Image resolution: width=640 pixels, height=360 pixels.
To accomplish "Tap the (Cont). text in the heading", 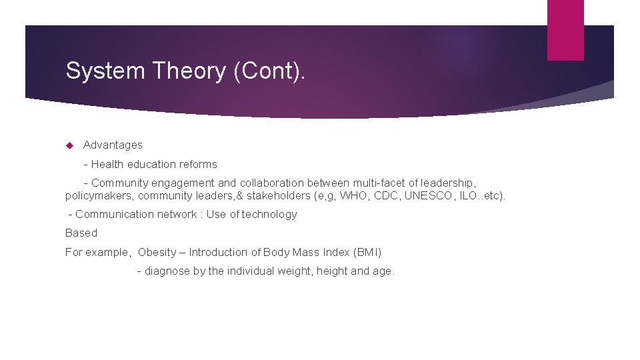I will tap(269, 71).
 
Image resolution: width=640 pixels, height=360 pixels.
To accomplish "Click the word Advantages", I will tap(113, 145).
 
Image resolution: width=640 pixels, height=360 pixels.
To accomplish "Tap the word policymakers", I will tap(99, 196).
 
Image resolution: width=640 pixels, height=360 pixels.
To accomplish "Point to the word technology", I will tap(269, 215).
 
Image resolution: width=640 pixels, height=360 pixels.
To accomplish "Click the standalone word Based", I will tap(81, 233).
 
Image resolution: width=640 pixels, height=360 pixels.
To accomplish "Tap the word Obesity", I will tap(157, 253).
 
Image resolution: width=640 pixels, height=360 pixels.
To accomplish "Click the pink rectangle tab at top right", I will tap(565, 30).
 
